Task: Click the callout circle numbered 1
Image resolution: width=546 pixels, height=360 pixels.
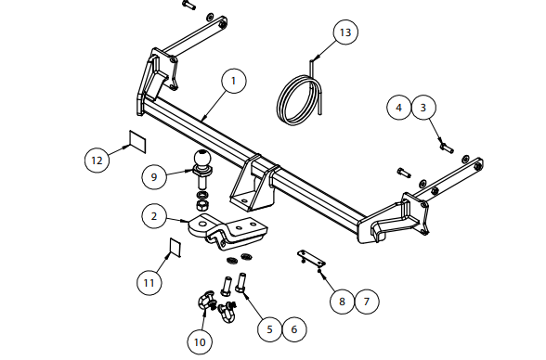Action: point(234,81)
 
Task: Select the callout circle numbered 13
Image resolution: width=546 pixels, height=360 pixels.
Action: point(345,32)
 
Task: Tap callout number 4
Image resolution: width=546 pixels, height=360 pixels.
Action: point(398,108)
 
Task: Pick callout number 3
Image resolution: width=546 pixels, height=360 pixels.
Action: point(423,108)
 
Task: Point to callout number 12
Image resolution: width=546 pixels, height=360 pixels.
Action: point(97,161)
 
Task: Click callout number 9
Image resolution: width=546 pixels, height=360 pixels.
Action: point(154,176)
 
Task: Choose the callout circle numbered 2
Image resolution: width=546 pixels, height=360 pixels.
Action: point(154,216)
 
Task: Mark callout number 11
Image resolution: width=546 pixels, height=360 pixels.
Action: point(149,283)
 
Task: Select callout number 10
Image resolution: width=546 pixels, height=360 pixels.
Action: point(200,342)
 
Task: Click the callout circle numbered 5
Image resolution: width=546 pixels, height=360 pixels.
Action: point(270,329)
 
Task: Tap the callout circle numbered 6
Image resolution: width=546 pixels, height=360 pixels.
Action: point(294,329)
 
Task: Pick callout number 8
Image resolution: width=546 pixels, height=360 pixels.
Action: point(342,302)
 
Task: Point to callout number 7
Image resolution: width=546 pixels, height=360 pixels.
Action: point(367,302)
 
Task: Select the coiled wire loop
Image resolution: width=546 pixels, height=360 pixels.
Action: point(300,98)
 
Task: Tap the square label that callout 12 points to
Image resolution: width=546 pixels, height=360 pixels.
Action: point(137,142)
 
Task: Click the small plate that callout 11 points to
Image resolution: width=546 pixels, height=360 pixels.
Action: point(175,248)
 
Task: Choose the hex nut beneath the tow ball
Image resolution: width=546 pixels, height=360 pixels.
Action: point(202,206)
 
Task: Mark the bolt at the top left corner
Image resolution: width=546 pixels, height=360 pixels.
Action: point(188,6)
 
